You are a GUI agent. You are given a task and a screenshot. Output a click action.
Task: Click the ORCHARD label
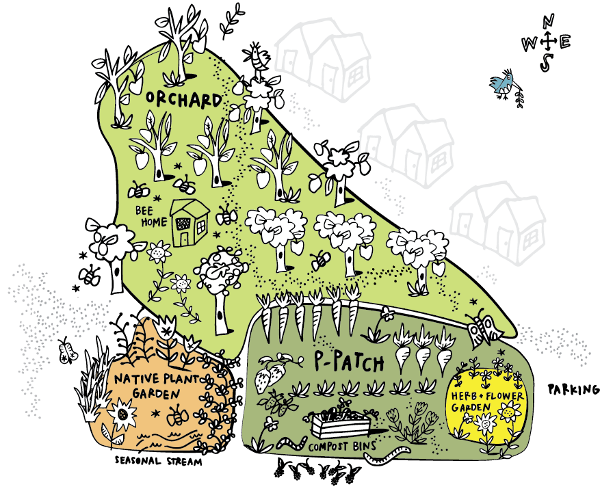184,100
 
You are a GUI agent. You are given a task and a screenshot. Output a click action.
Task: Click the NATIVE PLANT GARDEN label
146,385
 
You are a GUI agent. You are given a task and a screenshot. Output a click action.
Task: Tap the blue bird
504,84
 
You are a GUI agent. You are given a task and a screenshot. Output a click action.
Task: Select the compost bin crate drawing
340,424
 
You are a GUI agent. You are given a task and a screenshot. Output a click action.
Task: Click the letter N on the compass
547,23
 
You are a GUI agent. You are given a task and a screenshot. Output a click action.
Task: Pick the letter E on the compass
564,42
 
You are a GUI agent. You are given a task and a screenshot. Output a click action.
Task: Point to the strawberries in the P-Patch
269,375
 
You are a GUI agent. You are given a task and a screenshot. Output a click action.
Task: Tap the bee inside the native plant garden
177,414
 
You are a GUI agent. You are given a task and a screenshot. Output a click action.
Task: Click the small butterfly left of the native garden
67,352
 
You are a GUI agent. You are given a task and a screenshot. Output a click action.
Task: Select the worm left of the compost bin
291,441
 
